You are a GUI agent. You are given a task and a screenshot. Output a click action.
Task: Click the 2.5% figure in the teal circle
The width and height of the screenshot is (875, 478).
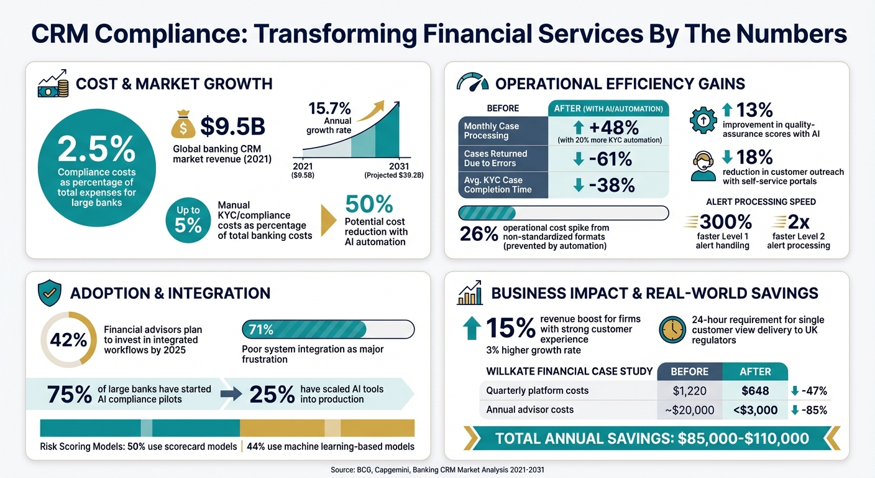point(96,149)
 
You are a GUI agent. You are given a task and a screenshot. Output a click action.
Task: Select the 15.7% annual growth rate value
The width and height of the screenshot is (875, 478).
point(329,108)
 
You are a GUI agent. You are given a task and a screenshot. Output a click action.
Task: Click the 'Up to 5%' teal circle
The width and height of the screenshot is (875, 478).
point(188,219)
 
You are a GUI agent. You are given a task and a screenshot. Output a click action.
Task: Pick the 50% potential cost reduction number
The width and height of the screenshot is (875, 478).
point(369,204)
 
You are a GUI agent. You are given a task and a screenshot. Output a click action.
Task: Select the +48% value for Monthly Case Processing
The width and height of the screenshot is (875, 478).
point(606,127)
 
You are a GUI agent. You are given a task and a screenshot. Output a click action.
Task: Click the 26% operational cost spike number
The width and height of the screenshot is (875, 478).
point(479,233)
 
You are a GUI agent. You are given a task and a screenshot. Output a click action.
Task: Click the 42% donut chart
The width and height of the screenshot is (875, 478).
point(68,339)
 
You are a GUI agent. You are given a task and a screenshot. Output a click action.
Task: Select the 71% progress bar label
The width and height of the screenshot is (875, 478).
point(260,329)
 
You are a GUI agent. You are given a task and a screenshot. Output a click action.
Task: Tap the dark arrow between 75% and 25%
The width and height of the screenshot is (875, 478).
point(231,393)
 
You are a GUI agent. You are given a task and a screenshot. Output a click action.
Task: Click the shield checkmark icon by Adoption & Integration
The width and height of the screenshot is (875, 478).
point(49,293)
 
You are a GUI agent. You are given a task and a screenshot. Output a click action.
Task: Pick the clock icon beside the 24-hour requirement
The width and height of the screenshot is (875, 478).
point(672,330)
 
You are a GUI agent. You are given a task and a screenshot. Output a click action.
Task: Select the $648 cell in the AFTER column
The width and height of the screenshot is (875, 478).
point(754,391)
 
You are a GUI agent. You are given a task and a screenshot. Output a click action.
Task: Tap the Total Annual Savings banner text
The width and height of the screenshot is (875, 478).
point(652,438)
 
